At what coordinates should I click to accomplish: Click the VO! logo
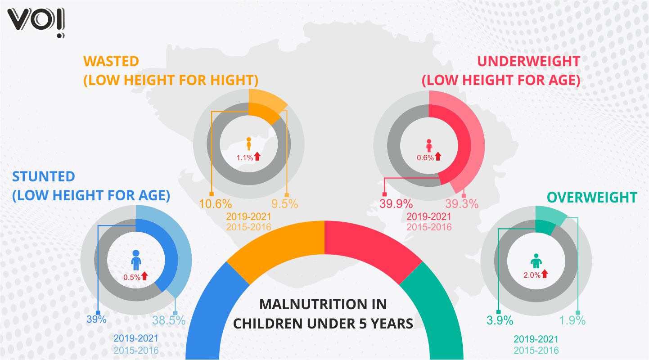(x=36, y=22)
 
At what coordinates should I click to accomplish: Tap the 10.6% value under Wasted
(x=216, y=203)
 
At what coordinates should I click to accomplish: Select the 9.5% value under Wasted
(x=285, y=203)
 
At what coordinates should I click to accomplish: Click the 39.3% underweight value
(x=462, y=204)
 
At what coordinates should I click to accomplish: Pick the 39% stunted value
(x=96, y=319)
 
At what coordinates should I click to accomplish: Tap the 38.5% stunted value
(x=169, y=320)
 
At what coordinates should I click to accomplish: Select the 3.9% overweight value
(x=500, y=320)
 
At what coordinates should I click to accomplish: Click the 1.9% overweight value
(x=572, y=320)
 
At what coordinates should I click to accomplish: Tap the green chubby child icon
(x=536, y=261)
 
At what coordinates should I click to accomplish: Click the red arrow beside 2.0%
(x=545, y=273)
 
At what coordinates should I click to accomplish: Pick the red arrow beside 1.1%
(x=257, y=157)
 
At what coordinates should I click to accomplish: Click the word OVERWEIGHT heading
(x=592, y=198)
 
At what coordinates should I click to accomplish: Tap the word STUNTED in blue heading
(x=44, y=176)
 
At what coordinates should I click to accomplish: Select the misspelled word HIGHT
(x=231, y=80)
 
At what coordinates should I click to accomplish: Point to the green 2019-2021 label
(x=536, y=339)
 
